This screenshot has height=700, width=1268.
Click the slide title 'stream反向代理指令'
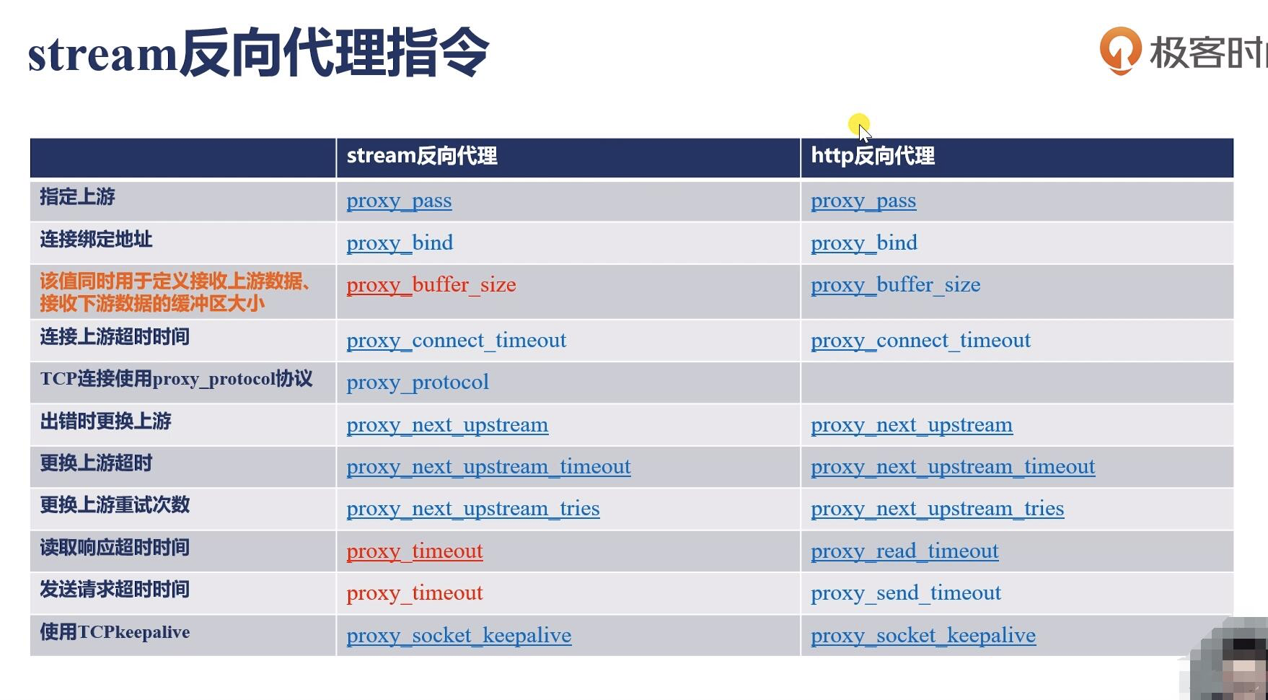[258, 53]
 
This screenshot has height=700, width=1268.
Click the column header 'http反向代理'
[873, 156]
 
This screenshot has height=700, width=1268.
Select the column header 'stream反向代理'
[422, 156]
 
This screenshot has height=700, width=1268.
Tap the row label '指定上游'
[77, 197]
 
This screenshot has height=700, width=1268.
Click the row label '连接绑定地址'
[96, 240]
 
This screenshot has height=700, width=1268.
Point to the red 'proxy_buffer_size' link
[431, 285]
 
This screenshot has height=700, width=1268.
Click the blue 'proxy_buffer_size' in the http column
[896, 285]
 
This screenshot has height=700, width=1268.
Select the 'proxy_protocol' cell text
[418, 382]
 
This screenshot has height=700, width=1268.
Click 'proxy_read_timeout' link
[904, 551]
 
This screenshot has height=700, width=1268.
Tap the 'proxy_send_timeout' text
[906, 593]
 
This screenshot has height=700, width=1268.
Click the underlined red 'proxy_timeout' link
[415, 551]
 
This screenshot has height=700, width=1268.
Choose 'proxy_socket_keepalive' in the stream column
[459, 636]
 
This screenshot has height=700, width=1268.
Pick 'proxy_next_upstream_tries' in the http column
[938, 509]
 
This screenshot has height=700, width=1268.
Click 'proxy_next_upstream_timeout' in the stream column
[488, 467]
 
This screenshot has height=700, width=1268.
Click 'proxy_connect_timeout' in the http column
[921, 341]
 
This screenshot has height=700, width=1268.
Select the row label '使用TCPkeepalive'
[115, 632]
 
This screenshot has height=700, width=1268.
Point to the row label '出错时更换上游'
[105, 421]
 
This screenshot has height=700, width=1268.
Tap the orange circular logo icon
[1120, 51]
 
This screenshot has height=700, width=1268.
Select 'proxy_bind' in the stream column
[400, 243]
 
